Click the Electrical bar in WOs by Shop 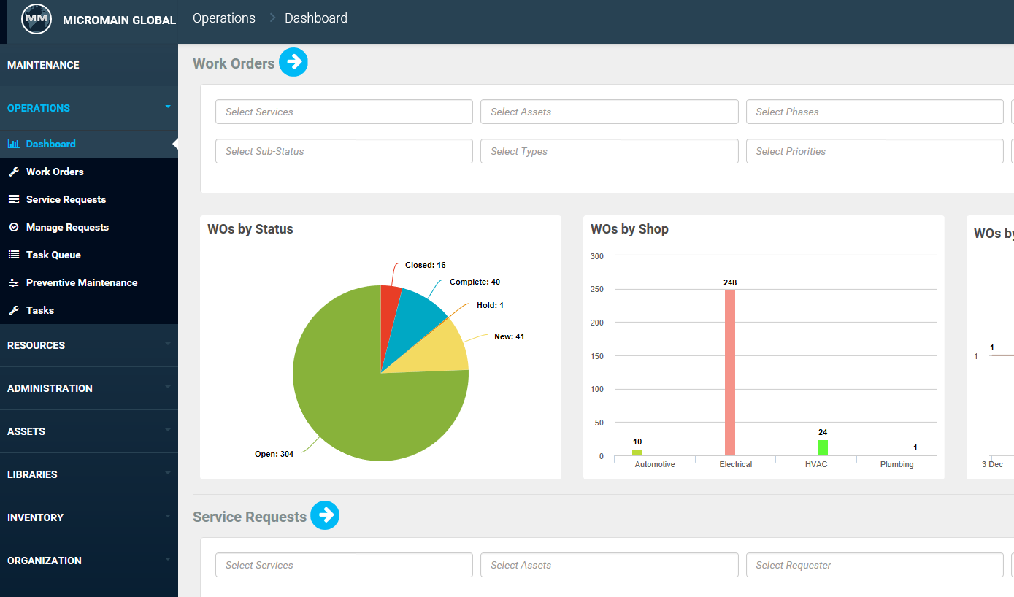point(729,372)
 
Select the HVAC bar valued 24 point(822,447)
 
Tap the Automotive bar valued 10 point(637,452)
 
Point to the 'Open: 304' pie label point(274,454)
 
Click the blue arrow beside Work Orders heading point(293,63)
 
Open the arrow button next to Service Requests point(325,515)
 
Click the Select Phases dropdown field point(874,112)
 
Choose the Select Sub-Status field point(344,151)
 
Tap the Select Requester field point(874,565)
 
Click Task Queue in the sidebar point(53,255)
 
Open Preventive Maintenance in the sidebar point(81,282)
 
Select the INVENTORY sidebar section point(35,517)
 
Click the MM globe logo point(37,20)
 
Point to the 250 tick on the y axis point(596,290)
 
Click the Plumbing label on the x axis point(896,464)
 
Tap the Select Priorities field point(874,151)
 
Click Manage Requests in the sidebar point(67,227)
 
